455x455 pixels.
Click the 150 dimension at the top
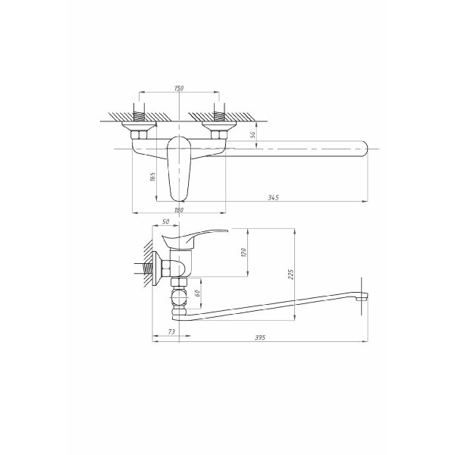(179, 89)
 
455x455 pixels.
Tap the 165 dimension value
(152, 177)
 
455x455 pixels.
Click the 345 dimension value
(274, 197)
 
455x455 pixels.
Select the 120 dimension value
(245, 252)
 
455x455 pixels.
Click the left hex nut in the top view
(140, 135)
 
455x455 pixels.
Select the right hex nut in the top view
(218, 135)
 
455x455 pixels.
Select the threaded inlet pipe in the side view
(146, 268)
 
